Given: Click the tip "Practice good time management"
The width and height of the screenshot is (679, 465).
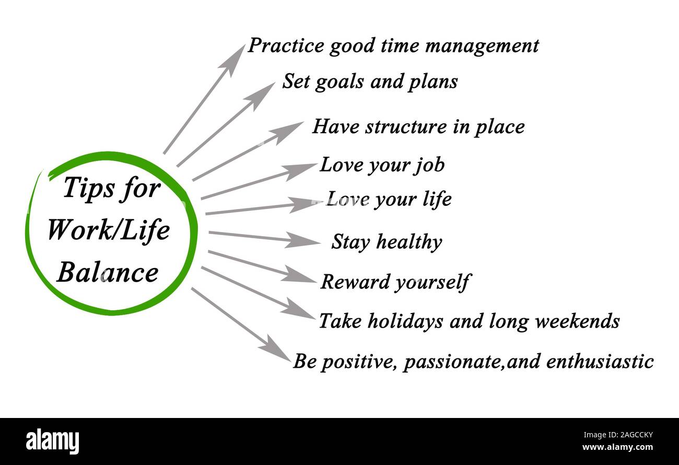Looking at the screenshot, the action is [393, 46].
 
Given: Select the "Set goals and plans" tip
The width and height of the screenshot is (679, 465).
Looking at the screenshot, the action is [370, 82].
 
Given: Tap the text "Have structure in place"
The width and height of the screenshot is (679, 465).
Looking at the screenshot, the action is [418, 127].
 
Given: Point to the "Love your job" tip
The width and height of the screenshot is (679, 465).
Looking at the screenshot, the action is [382, 166].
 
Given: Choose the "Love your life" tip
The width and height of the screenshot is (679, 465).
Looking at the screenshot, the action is [389, 200].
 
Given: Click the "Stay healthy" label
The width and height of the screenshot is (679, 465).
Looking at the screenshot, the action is [387, 242].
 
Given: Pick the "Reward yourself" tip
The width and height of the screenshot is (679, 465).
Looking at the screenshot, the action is [395, 282].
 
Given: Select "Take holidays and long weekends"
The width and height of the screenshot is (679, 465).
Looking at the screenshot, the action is [470, 322].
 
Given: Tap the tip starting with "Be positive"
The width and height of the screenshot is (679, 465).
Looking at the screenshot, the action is [473, 362].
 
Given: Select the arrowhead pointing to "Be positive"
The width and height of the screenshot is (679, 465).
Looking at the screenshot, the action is [276, 348].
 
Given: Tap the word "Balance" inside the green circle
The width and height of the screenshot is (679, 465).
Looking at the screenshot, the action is [108, 272].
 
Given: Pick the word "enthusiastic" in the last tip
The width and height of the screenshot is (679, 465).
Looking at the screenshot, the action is [600, 362].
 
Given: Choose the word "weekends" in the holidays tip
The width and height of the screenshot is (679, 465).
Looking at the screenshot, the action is [578, 321].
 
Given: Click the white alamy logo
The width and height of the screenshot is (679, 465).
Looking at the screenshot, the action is [52, 441].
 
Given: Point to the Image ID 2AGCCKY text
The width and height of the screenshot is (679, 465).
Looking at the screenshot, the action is [618, 435].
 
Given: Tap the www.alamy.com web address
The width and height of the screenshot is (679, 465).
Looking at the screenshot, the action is [617, 447].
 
